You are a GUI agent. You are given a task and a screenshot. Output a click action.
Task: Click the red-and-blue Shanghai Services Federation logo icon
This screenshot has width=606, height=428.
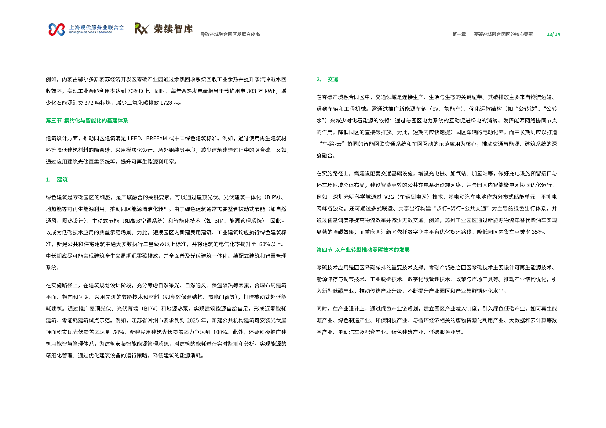click(x=57, y=29)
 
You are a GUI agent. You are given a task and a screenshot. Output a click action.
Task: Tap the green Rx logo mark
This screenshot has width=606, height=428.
click(x=141, y=28)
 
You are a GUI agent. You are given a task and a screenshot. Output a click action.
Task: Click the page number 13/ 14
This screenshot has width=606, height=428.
click(x=553, y=34)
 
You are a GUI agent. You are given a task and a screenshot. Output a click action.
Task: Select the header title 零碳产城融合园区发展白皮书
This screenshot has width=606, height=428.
click(x=230, y=34)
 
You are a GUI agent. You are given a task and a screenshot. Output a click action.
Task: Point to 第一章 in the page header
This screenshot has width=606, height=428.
click(x=459, y=34)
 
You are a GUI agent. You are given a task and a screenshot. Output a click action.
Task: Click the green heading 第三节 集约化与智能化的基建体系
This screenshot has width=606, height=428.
click(x=87, y=120)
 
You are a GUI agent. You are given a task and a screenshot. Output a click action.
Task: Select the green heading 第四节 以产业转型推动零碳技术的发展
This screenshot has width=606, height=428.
click(x=363, y=250)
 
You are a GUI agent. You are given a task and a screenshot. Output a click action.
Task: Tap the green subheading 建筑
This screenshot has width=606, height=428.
click(x=62, y=179)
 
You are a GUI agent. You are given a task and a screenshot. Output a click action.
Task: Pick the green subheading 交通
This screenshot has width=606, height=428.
click(x=333, y=79)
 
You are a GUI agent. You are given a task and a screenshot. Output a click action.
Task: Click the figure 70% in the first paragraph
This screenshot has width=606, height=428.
click(x=133, y=91)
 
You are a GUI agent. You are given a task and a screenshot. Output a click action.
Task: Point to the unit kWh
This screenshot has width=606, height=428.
click(x=270, y=91)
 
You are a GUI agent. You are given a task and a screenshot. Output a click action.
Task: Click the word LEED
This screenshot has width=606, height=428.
click(x=134, y=138)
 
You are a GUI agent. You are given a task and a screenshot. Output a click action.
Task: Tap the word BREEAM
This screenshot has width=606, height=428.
click(x=156, y=138)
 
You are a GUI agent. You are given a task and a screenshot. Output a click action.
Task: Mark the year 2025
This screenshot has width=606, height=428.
click(x=193, y=321)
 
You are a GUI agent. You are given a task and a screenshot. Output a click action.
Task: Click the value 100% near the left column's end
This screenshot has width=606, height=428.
click(x=221, y=332)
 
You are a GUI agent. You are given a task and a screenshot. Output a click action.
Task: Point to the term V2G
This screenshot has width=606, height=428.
click(x=389, y=197)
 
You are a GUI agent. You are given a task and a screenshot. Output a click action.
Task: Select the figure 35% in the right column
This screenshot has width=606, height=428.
click(x=537, y=232)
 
